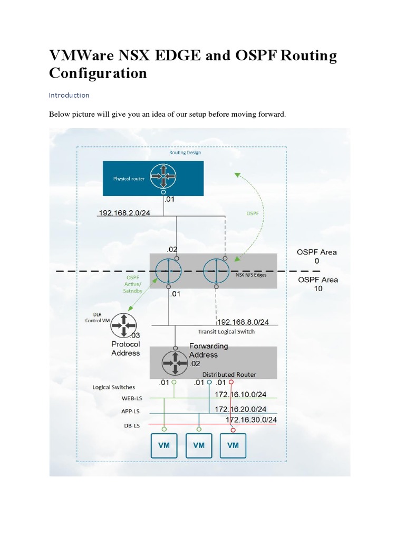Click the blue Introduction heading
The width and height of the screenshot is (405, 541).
(x=69, y=96)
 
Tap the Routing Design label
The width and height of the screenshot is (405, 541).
(x=185, y=152)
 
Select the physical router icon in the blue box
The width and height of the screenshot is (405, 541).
(x=163, y=178)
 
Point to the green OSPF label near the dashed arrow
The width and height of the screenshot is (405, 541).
(x=253, y=213)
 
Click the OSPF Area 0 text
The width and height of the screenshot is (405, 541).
(x=317, y=256)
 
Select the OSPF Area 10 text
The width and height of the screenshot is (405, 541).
(x=317, y=284)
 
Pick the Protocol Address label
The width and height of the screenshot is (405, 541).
(x=126, y=349)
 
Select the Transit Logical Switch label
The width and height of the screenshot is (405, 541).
(x=226, y=332)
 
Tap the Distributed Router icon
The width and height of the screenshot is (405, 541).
(x=175, y=362)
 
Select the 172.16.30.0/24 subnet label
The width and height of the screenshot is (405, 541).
(x=252, y=420)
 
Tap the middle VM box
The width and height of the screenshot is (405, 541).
(x=198, y=445)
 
